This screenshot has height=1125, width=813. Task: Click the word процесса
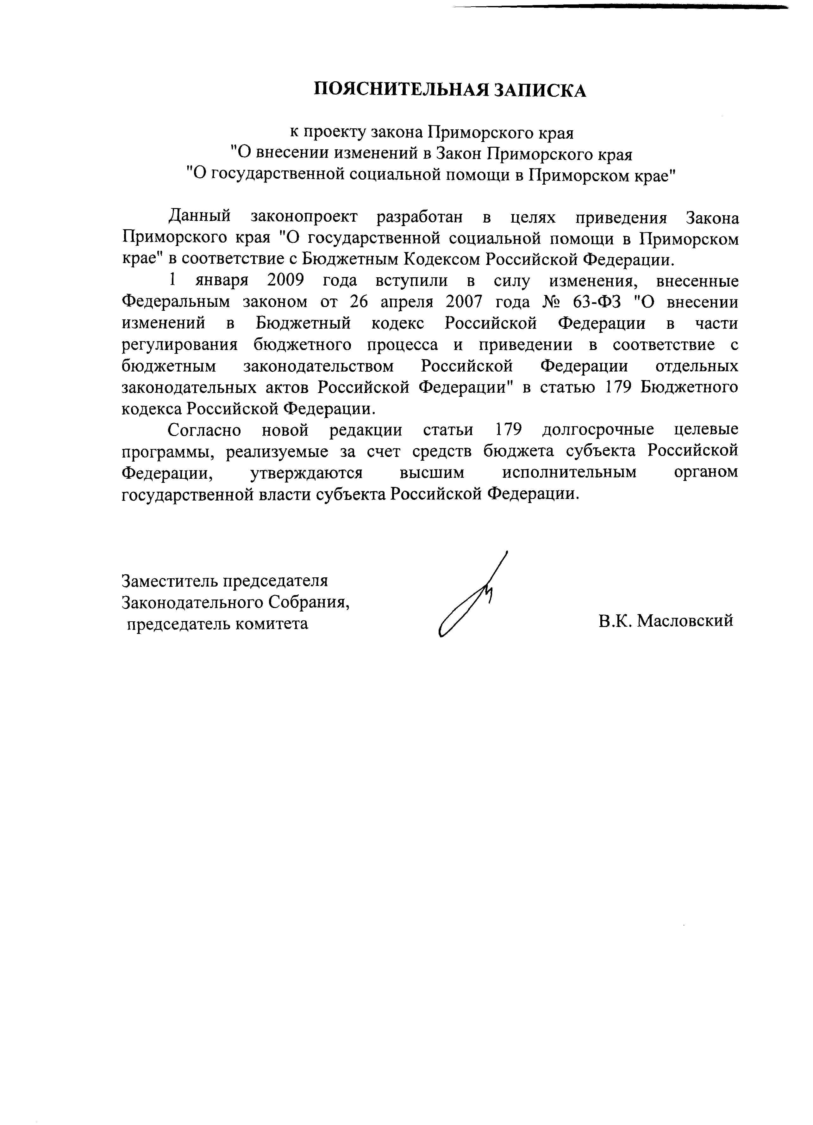(x=405, y=345)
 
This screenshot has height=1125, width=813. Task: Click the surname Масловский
(x=685, y=621)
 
